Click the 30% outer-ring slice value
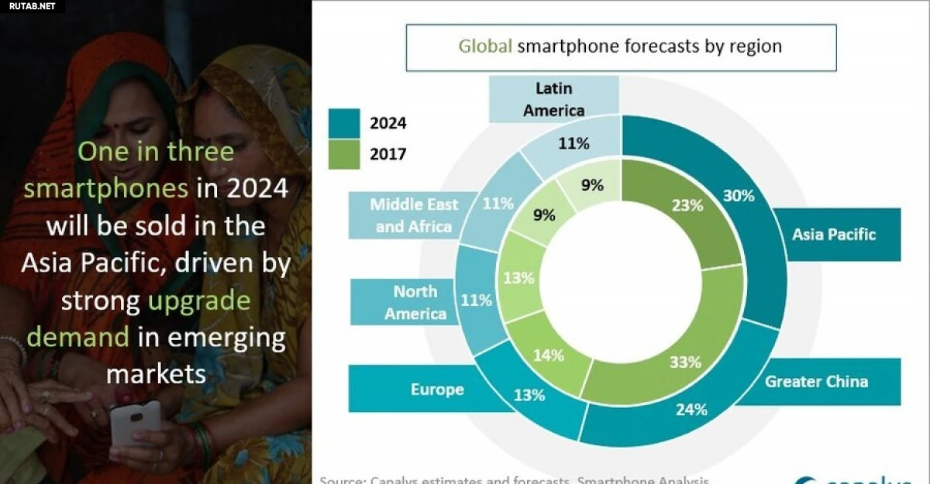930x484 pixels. tap(738, 196)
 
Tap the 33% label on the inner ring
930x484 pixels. tap(685, 362)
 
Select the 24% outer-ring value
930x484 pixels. tap(691, 410)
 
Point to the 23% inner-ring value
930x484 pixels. tap(687, 205)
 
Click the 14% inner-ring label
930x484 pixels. tap(548, 356)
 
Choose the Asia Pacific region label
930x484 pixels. tap(834, 234)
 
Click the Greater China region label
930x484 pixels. tap(816, 381)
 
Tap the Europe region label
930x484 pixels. tap(437, 389)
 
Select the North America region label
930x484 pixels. tap(415, 302)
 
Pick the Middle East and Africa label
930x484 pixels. tap(414, 215)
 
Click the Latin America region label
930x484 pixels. tap(553, 100)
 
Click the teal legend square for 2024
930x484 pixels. tap(344, 122)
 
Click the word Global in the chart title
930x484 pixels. tap(485, 46)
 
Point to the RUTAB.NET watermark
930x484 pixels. tap(31, 6)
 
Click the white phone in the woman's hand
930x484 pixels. tap(135, 422)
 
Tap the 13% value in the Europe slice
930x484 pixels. tap(529, 395)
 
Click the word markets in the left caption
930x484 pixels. tap(156, 373)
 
